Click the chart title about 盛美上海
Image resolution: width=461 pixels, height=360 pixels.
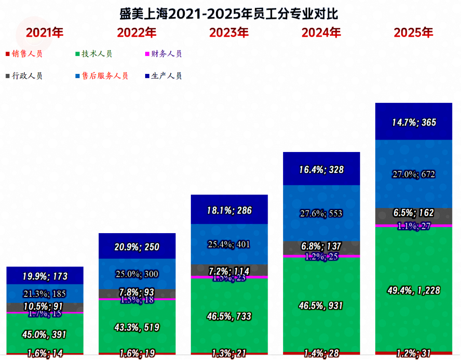229,14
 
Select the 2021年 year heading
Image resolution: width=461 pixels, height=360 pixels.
45,33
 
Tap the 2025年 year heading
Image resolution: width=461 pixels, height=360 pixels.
413,33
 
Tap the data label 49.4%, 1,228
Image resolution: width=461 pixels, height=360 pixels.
413,291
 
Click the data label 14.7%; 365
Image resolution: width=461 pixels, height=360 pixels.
413,123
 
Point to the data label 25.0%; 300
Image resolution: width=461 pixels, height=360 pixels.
137,274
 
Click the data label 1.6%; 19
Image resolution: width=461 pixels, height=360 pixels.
137,354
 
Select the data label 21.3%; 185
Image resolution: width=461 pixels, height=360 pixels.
45,293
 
